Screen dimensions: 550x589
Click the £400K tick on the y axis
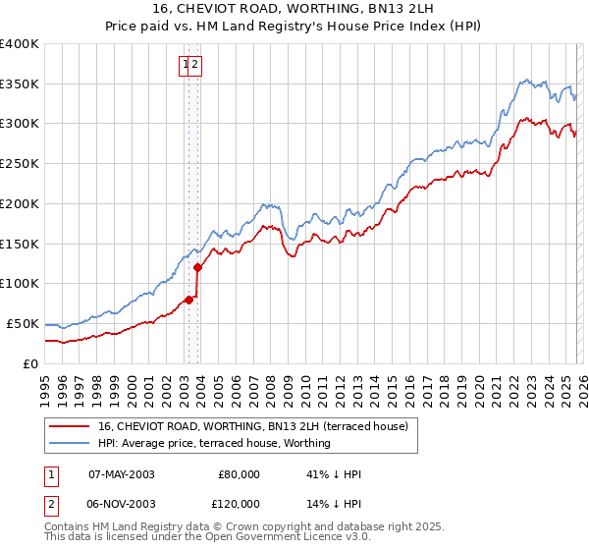tap(20, 44)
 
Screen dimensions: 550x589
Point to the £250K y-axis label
tap(20, 164)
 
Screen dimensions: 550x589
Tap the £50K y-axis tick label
tap(24, 323)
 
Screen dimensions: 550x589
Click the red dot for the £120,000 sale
tap(197, 267)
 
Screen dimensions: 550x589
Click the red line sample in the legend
tap(68, 426)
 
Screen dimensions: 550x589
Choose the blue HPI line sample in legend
tap(68, 443)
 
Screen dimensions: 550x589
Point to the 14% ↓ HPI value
tap(334, 503)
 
